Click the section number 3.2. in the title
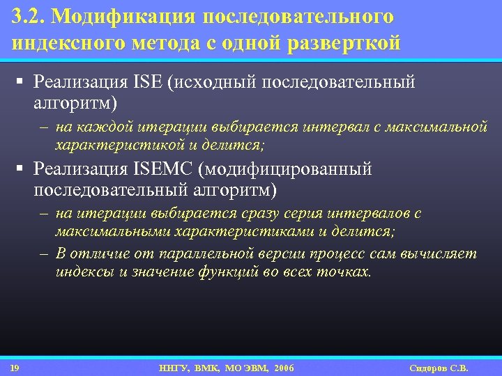27,16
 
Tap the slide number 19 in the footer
15,368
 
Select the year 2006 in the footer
284,368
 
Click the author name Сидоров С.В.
440,368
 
